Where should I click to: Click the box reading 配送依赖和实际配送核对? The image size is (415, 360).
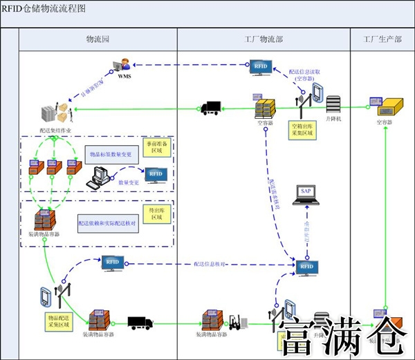(x=108, y=225)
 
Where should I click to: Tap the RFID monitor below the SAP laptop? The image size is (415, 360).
(x=306, y=267)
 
